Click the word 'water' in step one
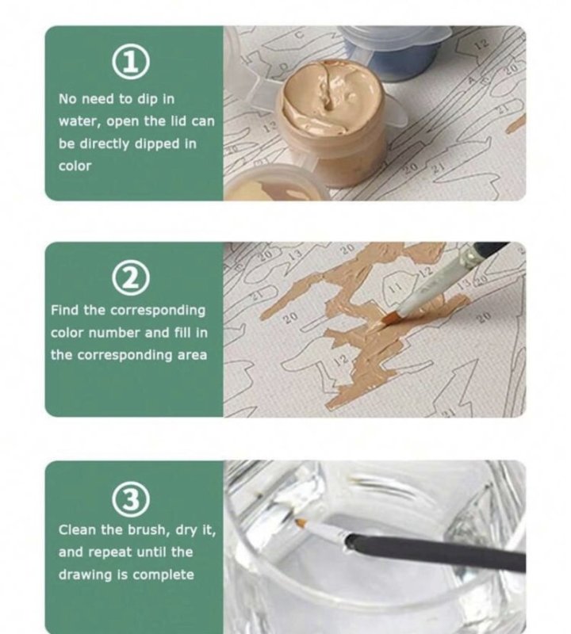(75, 122)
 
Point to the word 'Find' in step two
(66, 310)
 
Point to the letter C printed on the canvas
(299, 36)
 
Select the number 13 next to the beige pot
(270, 126)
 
